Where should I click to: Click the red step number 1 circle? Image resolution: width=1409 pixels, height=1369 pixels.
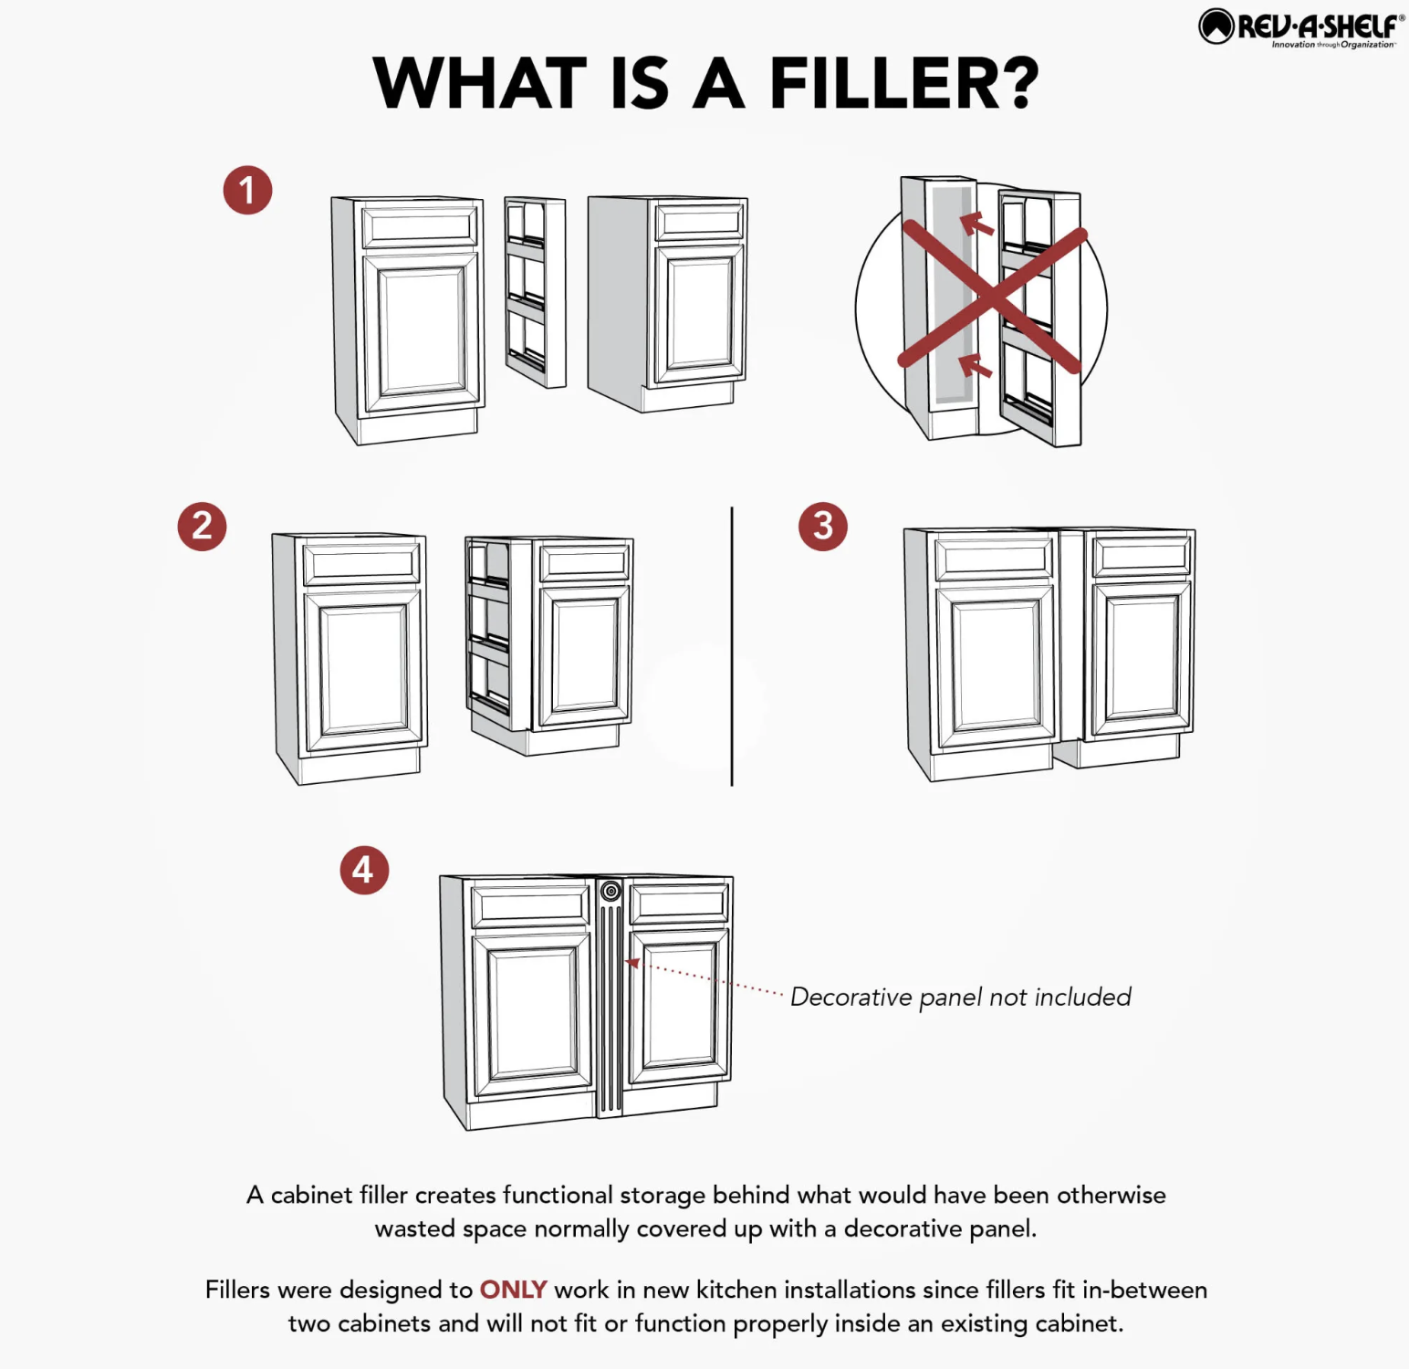(x=247, y=191)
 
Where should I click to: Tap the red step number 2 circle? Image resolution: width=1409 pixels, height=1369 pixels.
(x=202, y=527)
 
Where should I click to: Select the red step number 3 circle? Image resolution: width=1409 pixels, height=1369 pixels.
(x=823, y=527)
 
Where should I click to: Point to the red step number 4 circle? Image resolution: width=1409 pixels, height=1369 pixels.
(x=364, y=870)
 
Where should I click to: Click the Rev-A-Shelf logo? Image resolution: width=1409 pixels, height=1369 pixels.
(x=1301, y=27)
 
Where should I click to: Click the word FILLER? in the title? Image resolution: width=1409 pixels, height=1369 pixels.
(x=904, y=83)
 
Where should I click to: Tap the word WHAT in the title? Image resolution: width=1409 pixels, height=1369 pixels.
(x=480, y=83)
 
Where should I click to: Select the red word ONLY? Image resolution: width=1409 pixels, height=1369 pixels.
(x=513, y=1290)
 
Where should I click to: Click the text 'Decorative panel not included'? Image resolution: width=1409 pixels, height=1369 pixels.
(x=961, y=997)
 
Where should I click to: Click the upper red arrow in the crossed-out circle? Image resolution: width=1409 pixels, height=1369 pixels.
(x=976, y=223)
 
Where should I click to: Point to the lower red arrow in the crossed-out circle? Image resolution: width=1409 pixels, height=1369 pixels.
(x=976, y=365)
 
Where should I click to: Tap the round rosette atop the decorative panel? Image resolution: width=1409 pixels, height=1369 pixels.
(x=611, y=891)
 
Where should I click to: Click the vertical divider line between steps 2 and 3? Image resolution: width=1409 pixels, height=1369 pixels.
(x=732, y=646)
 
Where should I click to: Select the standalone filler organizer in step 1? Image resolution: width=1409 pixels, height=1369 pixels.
(x=535, y=292)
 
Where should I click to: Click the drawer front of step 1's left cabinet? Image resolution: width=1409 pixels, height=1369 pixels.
(x=420, y=226)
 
